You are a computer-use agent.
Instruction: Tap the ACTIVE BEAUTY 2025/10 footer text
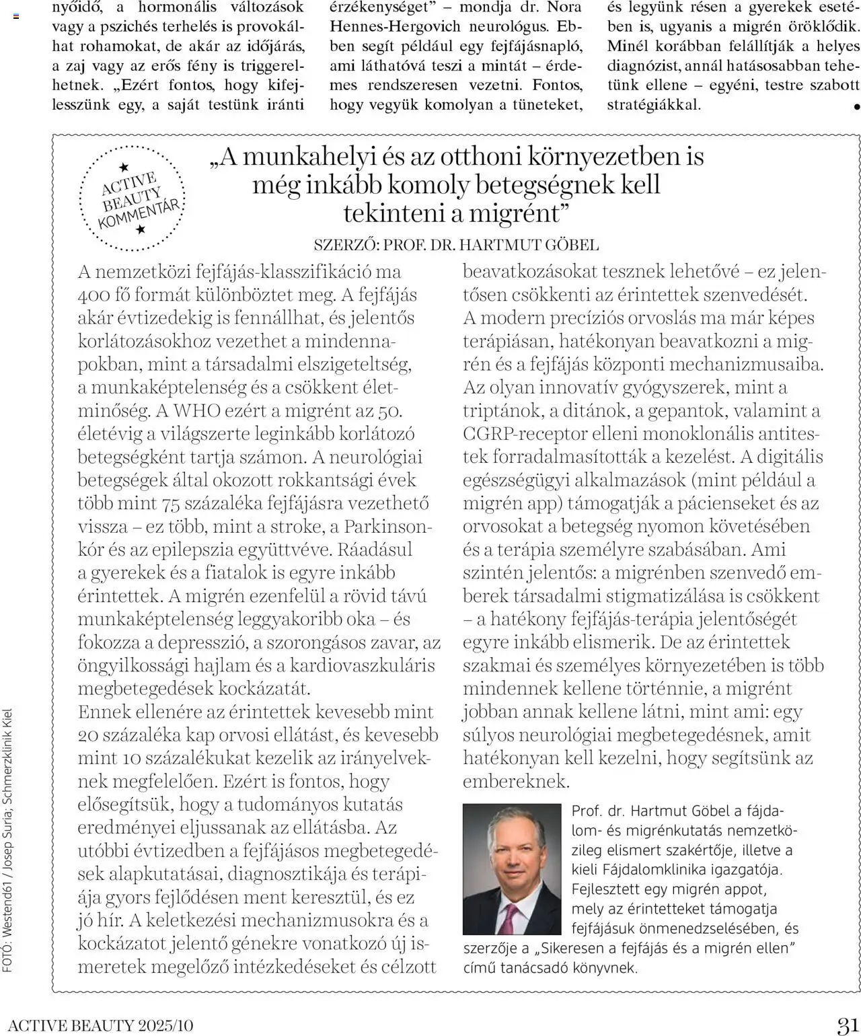[101, 1025]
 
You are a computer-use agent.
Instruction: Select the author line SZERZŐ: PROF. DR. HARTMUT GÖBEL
[455, 245]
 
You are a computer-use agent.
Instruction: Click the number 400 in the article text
[94, 295]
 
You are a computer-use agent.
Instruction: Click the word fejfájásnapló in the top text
[537, 47]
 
